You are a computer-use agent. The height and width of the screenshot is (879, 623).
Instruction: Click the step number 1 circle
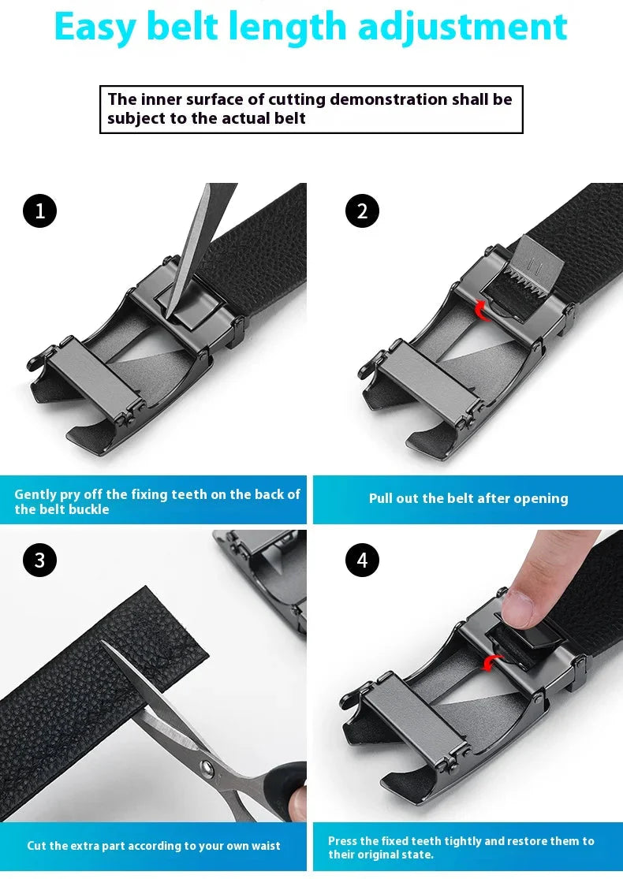pos(39,210)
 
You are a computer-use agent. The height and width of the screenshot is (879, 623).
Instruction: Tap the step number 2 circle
pos(362,210)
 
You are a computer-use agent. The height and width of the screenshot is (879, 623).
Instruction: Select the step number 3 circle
pos(39,560)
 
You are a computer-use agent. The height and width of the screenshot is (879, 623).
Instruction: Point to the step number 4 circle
pos(362,560)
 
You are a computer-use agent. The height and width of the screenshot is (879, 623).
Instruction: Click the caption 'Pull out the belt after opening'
pos(468,498)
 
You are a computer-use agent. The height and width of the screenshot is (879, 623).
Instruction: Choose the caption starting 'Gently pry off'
pos(157,501)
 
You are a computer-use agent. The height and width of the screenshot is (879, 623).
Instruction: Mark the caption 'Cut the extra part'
pos(153,845)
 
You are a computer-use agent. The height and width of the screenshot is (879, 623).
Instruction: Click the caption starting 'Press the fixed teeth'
pos(461,847)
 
